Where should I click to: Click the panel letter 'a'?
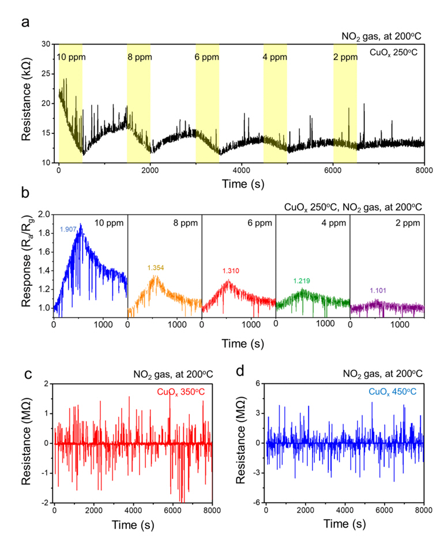pos(25,23)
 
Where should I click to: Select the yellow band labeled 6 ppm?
pos(207,104)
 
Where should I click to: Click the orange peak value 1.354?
pos(156,267)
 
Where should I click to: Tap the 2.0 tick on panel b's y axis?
pos(44,214)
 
